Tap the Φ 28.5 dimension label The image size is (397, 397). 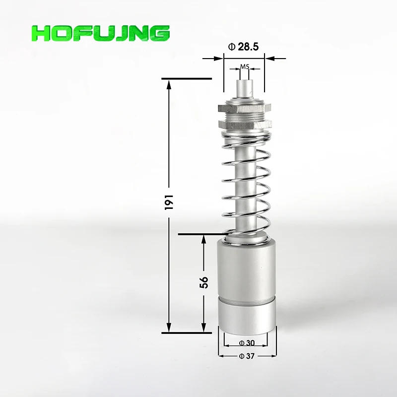(x=244, y=48)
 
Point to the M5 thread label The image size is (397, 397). (x=244, y=66)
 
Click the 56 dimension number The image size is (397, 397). (x=204, y=282)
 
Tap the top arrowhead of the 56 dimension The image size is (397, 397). (x=204, y=240)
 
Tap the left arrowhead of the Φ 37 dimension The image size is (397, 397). (x=222, y=356)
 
